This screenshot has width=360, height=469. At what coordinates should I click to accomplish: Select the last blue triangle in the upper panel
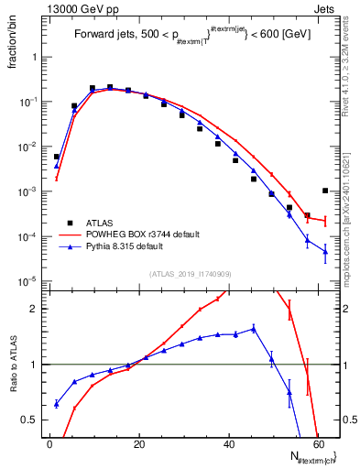pyautogui.click(x=325, y=251)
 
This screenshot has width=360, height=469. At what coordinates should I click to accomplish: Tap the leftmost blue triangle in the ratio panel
pyautogui.click(x=56, y=403)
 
